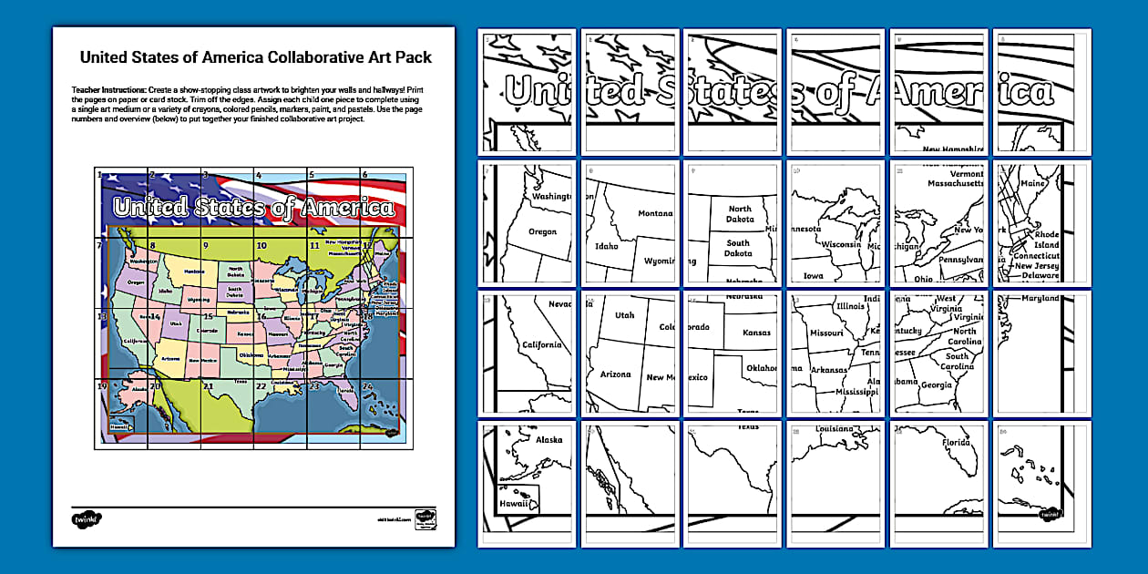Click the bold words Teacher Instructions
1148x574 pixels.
[108, 90]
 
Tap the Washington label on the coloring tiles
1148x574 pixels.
[551, 196]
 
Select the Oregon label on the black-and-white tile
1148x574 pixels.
[542, 231]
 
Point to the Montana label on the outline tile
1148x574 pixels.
[655, 213]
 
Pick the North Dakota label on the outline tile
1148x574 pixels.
[739, 214]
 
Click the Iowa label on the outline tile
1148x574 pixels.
[813, 275]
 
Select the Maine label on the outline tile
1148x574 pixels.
[1032, 183]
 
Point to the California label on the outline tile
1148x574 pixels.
[542, 345]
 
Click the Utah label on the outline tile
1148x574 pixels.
[624, 315]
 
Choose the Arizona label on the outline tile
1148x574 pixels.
[615, 374]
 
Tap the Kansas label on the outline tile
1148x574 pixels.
[756, 333]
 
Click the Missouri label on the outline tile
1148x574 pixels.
[825, 333]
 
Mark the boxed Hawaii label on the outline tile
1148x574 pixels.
[516, 502]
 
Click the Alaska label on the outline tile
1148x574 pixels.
[549, 439]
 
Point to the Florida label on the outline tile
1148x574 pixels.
[956, 443]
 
